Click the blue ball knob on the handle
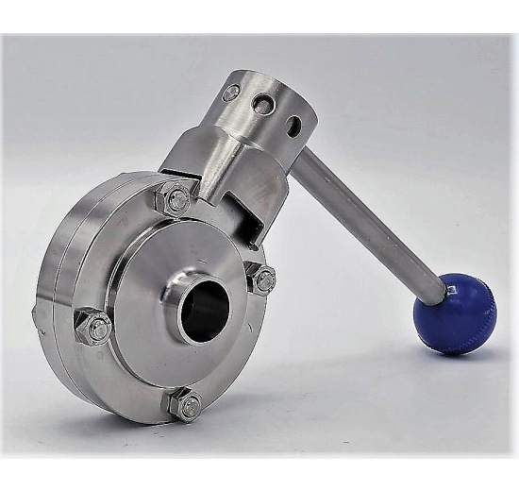point(456,313)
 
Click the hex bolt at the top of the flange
point(176,200)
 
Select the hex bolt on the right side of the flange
point(263,279)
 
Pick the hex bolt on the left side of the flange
point(93,326)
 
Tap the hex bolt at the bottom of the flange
point(186,405)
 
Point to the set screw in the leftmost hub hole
point(231,93)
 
